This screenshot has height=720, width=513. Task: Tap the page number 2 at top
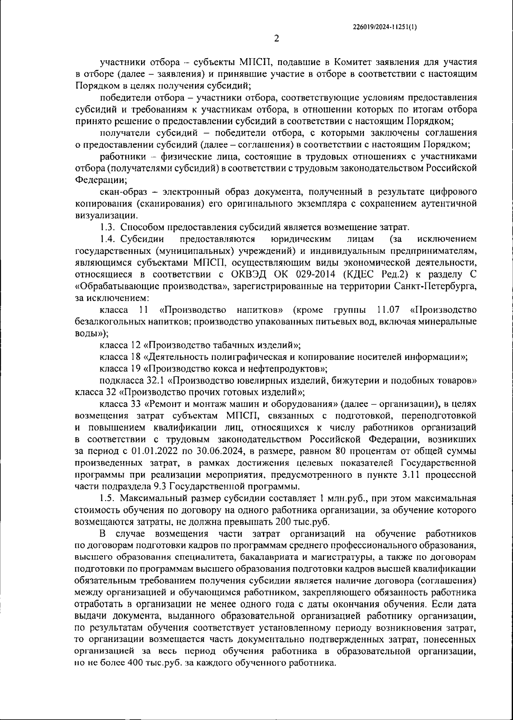point(276,39)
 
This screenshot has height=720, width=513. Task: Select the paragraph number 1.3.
point(107,227)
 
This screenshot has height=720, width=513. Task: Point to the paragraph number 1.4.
point(107,238)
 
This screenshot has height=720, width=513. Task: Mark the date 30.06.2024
point(208,451)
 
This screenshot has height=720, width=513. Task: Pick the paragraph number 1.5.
point(107,498)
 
